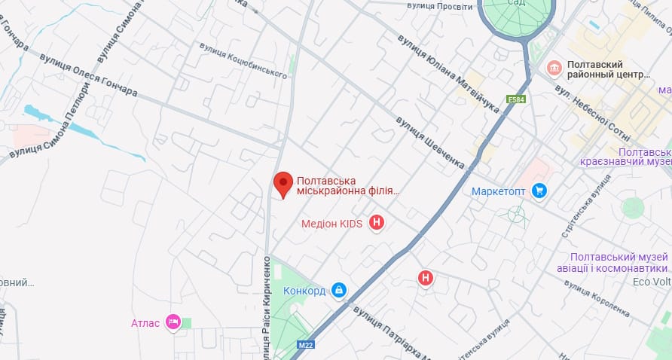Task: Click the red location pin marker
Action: pos(283,184)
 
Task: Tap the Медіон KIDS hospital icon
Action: pos(377,223)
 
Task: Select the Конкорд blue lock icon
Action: pos(339,290)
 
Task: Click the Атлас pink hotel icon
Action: pos(173,323)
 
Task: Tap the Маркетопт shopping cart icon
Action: pos(539,191)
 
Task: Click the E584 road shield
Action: pos(516,99)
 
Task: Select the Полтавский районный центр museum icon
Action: pos(554,69)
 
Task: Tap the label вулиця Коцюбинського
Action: pos(243,59)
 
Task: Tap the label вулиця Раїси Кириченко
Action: pos(267,309)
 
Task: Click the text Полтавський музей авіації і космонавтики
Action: pos(619,263)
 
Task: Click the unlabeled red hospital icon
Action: pos(426,279)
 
